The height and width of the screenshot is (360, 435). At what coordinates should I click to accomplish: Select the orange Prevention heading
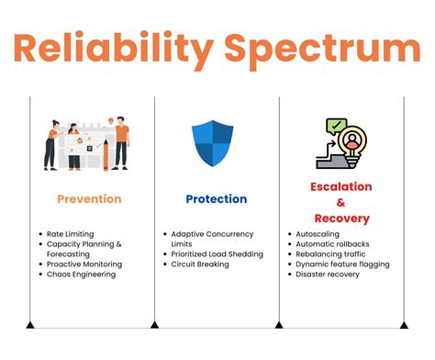89,198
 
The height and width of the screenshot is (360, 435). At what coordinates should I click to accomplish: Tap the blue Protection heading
216,198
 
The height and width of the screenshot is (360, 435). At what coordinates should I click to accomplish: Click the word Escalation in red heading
340,186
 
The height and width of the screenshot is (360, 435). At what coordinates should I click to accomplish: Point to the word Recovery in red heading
340,219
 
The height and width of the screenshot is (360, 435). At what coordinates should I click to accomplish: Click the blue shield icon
212,143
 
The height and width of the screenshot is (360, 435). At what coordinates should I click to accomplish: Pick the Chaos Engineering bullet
82,274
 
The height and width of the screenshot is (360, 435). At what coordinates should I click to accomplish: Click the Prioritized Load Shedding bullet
217,253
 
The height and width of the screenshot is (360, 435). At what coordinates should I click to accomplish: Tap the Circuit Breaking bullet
202,264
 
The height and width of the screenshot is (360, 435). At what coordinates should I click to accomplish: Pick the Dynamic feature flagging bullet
342,264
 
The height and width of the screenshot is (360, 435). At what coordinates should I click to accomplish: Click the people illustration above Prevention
87,142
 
